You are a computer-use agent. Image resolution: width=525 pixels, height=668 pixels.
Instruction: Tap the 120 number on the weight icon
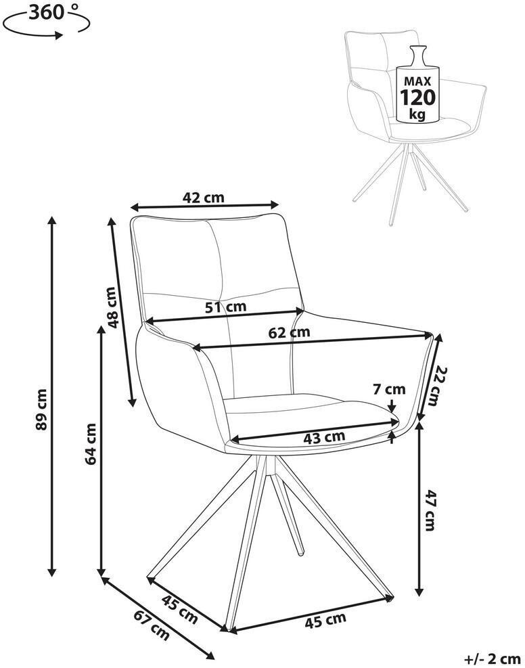pyautogui.click(x=417, y=97)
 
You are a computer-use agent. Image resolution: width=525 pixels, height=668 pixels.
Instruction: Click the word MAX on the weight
pyautogui.click(x=417, y=81)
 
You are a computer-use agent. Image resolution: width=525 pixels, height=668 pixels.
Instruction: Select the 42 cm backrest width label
pyautogui.click(x=203, y=198)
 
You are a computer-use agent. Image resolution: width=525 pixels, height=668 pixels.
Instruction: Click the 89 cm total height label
pyautogui.click(x=42, y=409)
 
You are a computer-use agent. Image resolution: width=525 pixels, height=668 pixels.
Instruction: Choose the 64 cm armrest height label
pyautogui.click(x=91, y=443)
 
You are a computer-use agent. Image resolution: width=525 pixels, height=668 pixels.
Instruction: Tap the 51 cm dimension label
pyautogui.click(x=226, y=307)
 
